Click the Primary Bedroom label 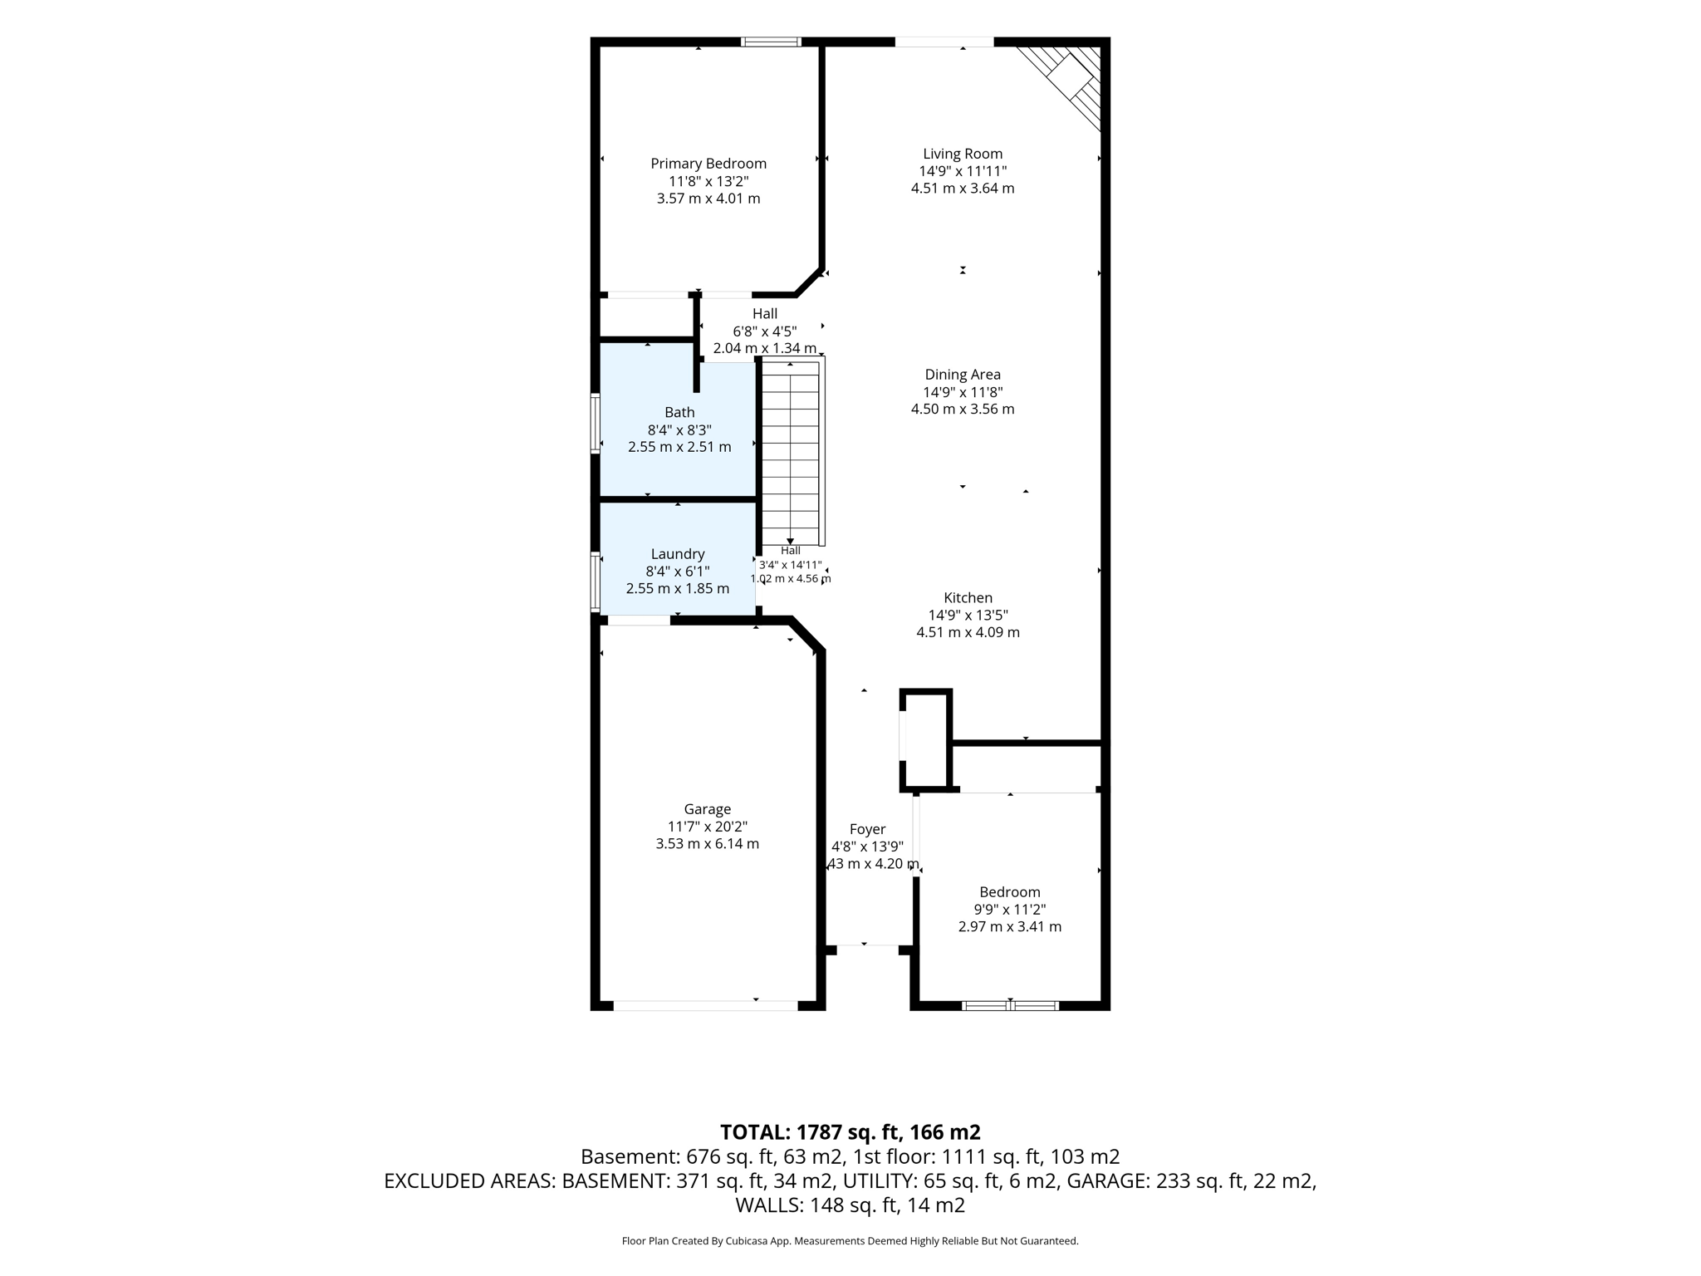click(708, 164)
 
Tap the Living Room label click(963, 154)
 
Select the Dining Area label click(963, 375)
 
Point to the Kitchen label click(968, 597)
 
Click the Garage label click(708, 809)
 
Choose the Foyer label click(867, 829)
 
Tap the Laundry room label click(678, 554)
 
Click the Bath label click(679, 412)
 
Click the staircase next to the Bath click(793, 452)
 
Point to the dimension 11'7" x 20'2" click(708, 827)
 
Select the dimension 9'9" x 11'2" click(1010, 910)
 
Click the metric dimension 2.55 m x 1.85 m click(678, 588)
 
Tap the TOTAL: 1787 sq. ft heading click(850, 1132)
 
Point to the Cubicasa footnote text click(850, 1241)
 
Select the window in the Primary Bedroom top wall click(772, 42)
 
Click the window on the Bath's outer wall click(596, 423)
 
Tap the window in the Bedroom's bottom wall click(1010, 1006)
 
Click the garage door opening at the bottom click(706, 1006)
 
